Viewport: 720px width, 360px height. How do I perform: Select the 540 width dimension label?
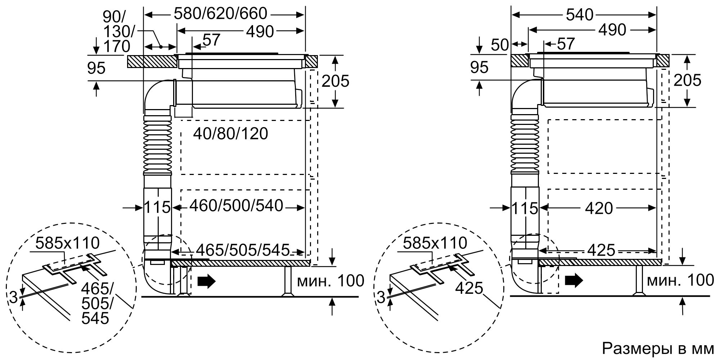pyautogui.click(x=579, y=15)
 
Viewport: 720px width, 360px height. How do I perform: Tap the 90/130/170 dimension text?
pyautogui.click(x=117, y=32)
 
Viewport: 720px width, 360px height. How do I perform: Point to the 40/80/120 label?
pyautogui.click(x=231, y=134)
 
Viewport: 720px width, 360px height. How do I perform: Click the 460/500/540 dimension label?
pyautogui.click(x=236, y=206)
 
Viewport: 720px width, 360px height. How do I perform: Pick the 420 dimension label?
pyautogui.click(x=599, y=208)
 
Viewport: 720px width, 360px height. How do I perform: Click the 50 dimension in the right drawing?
pyautogui.click(x=499, y=45)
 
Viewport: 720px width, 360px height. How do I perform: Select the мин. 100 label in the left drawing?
pyautogui.click(x=330, y=281)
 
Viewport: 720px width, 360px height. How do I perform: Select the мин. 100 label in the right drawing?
pyautogui.click(x=680, y=280)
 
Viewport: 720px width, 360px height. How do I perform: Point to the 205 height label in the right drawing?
pyautogui.click(x=687, y=81)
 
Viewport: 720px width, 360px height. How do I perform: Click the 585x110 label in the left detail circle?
pyautogui.click(x=67, y=243)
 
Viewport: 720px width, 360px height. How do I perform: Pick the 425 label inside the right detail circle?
pyautogui.click(x=468, y=288)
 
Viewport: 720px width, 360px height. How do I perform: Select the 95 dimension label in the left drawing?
pyautogui.click(x=96, y=68)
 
